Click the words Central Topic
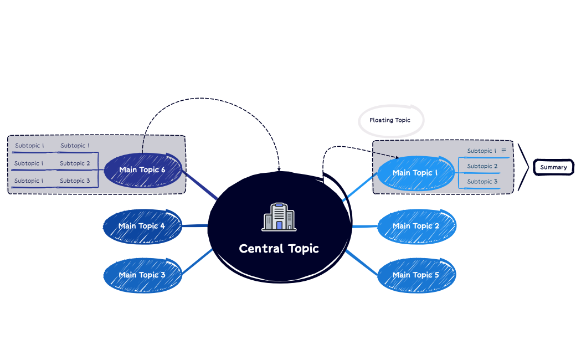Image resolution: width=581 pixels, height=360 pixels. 279,249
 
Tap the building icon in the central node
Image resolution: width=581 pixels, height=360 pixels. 279,217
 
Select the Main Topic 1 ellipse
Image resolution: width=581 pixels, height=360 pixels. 415,173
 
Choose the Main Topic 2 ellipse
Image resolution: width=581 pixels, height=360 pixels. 416,226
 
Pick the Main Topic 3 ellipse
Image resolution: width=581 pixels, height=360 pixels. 142,275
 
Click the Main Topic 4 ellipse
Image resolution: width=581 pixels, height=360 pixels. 142,226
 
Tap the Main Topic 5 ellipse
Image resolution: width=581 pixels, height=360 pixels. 416,275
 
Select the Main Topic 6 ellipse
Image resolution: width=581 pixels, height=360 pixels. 142,169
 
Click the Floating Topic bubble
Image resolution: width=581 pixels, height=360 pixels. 390,120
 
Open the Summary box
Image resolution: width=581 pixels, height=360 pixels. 553,167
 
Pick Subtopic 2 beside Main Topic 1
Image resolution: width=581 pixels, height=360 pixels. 482,166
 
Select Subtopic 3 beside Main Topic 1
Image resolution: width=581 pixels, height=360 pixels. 482,182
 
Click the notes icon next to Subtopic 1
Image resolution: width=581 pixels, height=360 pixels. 504,151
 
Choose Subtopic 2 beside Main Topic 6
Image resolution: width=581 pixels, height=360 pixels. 75,163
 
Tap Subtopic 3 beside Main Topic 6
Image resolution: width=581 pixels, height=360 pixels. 75,181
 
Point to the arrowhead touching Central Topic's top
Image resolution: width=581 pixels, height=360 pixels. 279,168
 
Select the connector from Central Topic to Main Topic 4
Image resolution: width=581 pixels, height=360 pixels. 195,226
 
